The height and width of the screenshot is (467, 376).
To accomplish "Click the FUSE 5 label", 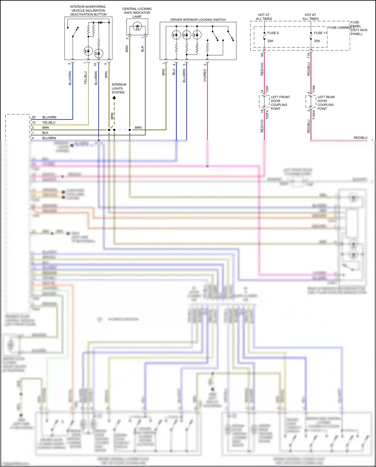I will (x=273, y=33).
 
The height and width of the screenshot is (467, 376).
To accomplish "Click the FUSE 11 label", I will (x=320, y=33).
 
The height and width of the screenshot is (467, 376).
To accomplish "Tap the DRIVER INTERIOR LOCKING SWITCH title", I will (x=198, y=20).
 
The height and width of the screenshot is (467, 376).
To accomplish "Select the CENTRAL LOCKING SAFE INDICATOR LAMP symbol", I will (x=137, y=26).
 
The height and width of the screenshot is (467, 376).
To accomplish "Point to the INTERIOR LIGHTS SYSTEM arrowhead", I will (x=114, y=97).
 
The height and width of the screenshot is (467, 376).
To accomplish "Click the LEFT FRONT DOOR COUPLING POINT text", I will (x=280, y=103).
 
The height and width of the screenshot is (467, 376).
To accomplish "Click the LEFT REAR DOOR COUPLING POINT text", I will (x=326, y=103).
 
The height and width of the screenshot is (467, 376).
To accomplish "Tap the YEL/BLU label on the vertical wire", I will (x=85, y=78).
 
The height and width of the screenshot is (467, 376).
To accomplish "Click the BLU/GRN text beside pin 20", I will (x=49, y=117).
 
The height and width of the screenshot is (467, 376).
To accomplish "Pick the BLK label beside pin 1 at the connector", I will (x=45, y=133).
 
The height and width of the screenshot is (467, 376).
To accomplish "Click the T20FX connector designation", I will (x=267, y=114).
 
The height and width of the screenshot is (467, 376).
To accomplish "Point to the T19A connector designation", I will (x=314, y=89).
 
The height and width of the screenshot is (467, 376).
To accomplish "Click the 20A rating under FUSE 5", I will (x=270, y=41).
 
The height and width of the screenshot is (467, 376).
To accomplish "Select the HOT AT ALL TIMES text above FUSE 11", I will (x=310, y=17).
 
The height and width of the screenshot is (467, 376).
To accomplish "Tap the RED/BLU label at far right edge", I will (x=360, y=138).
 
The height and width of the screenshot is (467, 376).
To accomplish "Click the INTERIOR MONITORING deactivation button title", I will (x=88, y=11).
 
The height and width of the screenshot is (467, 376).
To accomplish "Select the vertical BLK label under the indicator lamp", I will (x=142, y=49).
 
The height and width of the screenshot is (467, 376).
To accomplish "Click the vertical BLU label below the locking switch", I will (x=174, y=72).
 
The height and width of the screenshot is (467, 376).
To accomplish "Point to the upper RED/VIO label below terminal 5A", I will (x=262, y=69).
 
